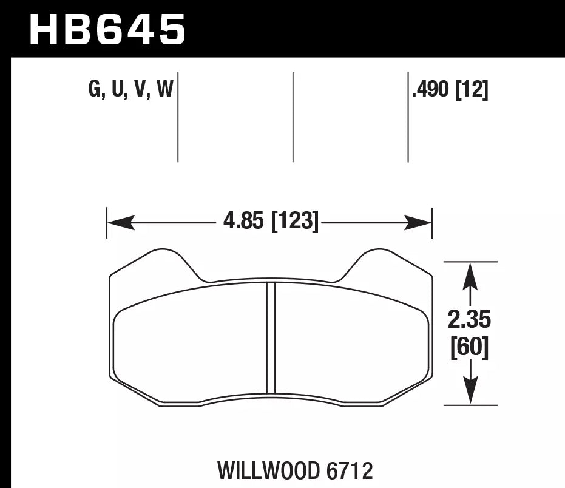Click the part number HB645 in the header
coord(107,30)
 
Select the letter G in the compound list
coord(95,90)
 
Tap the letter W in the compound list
coord(164,90)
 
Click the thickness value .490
coord(430,90)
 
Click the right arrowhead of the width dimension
coord(419,223)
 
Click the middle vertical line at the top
coord(293,117)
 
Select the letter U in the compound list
coord(118,90)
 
